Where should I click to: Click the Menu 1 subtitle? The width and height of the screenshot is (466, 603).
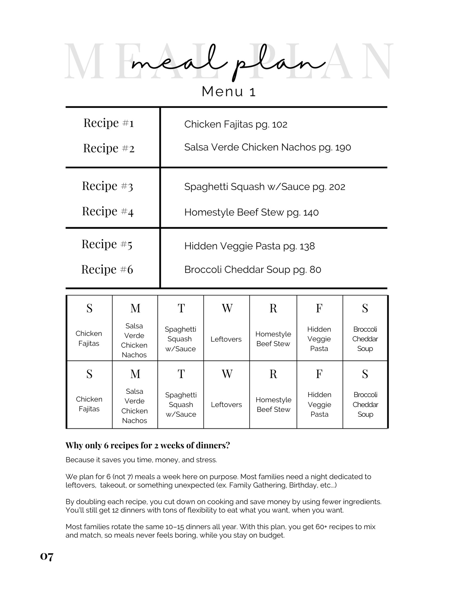point(229,92)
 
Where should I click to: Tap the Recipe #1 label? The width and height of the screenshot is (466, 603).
point(109,123)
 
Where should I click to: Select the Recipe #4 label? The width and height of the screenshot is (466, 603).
point(108,211)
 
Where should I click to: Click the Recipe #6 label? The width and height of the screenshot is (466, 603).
point(107,269)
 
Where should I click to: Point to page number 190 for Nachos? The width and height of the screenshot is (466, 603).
point(343,148)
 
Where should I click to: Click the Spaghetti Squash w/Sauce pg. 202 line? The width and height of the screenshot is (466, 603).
point(264,187)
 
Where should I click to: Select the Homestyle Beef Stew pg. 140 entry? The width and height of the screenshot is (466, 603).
point(251,212)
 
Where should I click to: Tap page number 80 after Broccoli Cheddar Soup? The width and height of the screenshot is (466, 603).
point(315,270)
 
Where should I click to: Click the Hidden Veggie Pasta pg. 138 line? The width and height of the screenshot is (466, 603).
point(249,246)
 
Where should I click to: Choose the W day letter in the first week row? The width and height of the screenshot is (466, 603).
point(227,308)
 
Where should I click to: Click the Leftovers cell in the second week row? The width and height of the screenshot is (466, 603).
point(226,405)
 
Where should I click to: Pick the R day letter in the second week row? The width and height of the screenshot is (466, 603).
point(273,374)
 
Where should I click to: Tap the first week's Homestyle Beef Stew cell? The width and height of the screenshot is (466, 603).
point(273,339)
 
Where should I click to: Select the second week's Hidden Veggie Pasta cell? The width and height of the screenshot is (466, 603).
point(319,405)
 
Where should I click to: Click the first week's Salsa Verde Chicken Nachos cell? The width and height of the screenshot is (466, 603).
point(134,340)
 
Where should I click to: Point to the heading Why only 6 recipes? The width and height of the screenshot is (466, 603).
point(147,445)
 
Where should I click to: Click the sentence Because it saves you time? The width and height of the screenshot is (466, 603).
point(141,460)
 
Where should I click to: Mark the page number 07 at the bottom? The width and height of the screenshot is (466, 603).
point(47,557)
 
